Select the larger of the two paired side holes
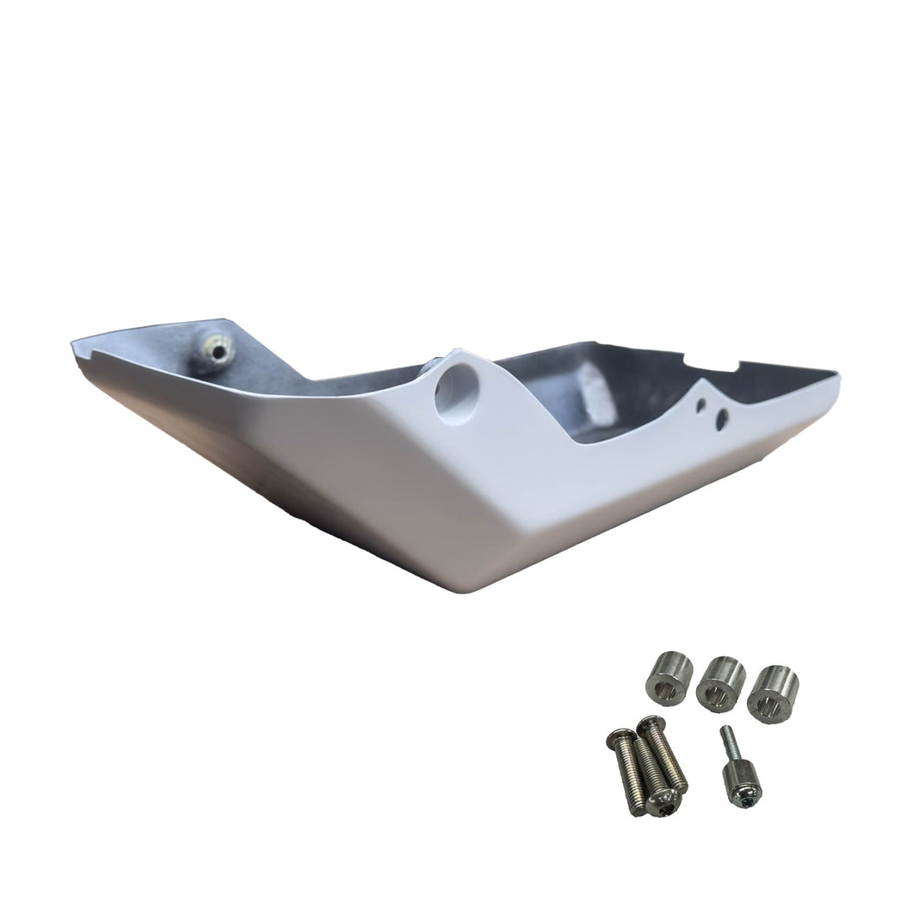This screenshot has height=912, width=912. [x=722, y=420]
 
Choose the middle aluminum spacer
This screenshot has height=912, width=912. [x=720, y=686]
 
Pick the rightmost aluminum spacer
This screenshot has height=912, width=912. [x=772, y=694]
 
